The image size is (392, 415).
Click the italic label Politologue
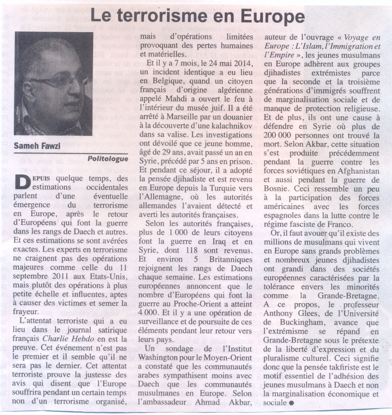[108, 158]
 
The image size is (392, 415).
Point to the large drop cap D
[23, 183]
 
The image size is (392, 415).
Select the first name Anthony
[280, 313]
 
